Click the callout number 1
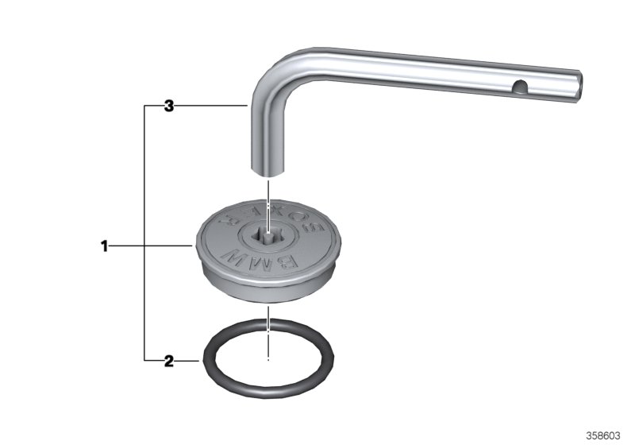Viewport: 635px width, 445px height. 103,247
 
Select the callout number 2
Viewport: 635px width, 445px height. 168,362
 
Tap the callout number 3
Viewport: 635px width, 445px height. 168,106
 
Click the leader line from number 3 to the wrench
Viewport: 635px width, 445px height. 210,106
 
